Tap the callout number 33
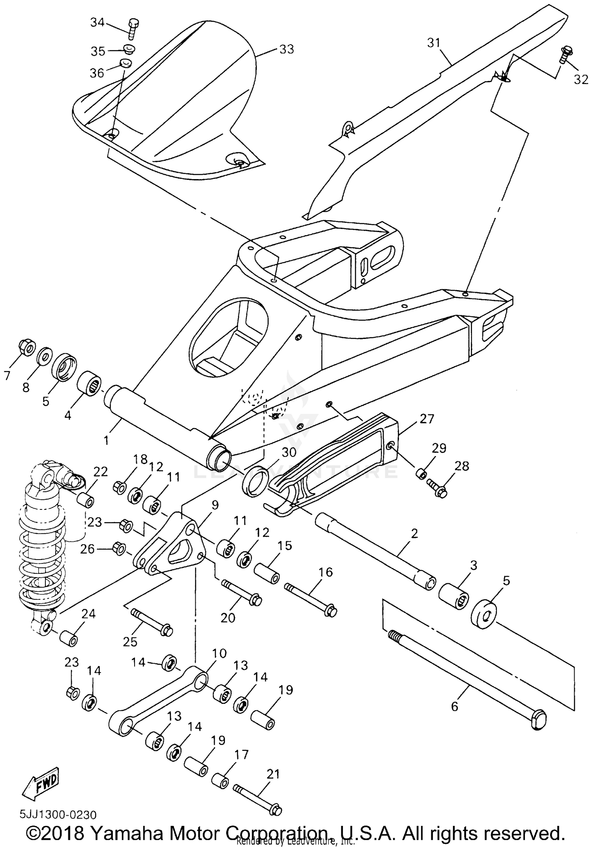tap(287, 49)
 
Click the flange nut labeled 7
tap(26, 347)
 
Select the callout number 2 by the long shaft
tap(414, 534)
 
